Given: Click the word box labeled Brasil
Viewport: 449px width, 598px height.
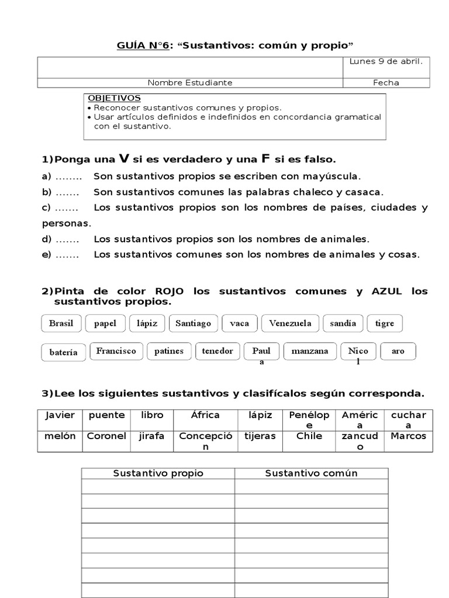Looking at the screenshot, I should (x=61, y=323).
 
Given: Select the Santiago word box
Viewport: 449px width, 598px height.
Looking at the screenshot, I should (x=194, y=323).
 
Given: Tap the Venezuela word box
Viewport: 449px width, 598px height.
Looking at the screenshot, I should (x=291, y=323).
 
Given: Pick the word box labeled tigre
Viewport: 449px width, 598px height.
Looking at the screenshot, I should (x=385, y=323).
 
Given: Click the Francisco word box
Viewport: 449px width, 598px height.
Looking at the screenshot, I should (x=116, y=351).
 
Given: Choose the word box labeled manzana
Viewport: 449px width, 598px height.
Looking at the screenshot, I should (x=310, y=351).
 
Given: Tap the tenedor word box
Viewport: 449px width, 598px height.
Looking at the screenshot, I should (x=217, y=351).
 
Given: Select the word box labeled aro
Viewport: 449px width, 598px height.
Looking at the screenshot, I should (x=398, y=351).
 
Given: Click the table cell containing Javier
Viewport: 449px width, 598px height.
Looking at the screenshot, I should (x=60, y=415).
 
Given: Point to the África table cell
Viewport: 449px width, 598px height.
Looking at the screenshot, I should (x=205, y=415).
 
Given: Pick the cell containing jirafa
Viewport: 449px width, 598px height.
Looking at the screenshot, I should (x=152, y=436).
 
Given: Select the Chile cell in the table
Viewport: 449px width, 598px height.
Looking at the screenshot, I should (x=309, y=436).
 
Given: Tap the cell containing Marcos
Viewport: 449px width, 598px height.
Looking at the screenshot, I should (x=408, y=436).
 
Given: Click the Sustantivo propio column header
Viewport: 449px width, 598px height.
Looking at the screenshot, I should (x=158, y=473).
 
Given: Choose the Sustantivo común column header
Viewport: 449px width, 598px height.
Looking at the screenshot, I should (x=311, y=473).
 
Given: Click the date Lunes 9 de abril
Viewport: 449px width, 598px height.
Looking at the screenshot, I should (x=386, y=61).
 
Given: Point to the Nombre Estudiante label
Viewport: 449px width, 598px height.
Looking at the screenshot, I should (x=190, y=82).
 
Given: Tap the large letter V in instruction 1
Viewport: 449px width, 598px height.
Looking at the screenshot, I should (x=123, y=158).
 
